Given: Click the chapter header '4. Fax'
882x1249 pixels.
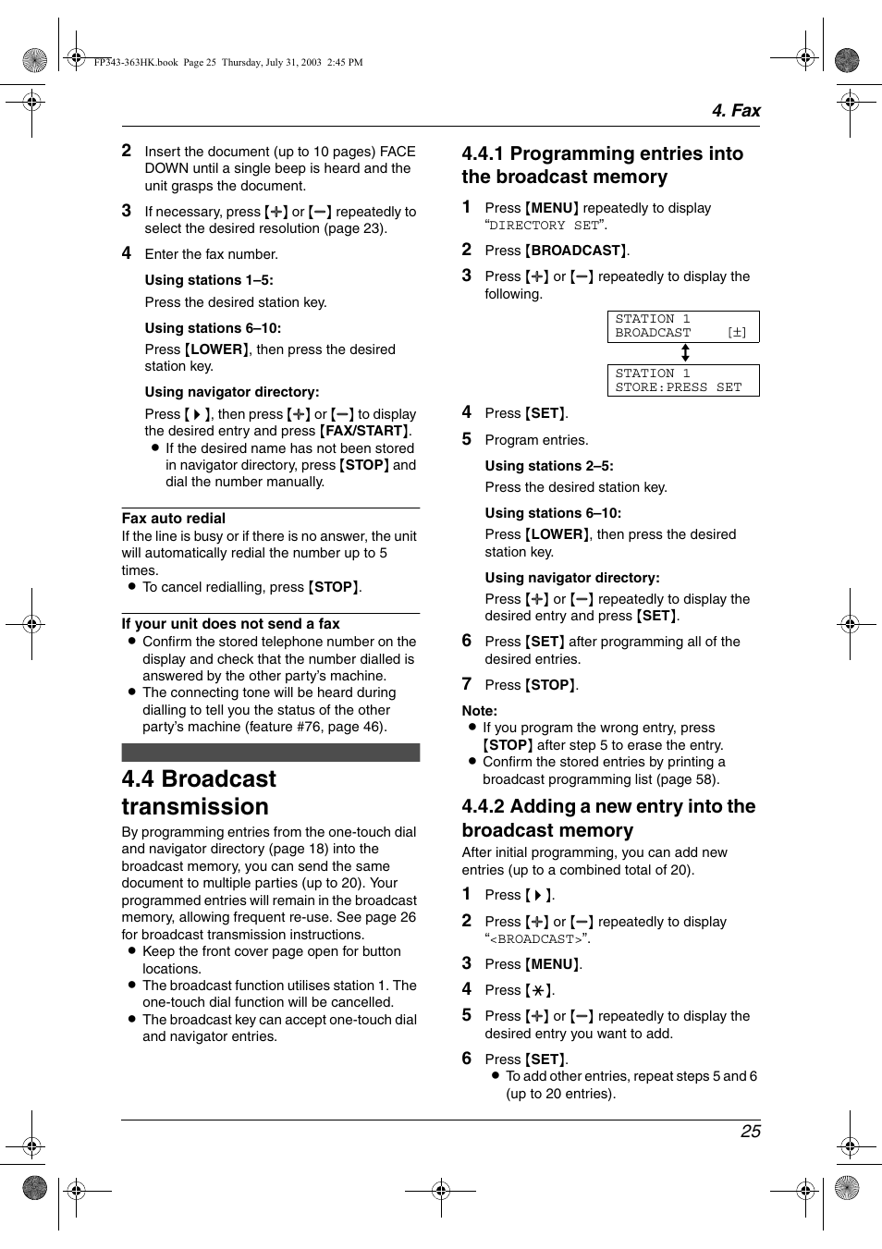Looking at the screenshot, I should point(735,111).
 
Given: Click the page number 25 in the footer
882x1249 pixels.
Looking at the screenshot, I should point(750,1131).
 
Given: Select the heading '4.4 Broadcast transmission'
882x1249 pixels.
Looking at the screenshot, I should point(199,792).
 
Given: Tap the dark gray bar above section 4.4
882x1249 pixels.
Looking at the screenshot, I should point(270,753).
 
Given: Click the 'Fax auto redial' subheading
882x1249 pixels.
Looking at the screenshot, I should point(173,519).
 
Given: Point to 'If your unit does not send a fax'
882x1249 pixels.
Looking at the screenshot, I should point(230,624).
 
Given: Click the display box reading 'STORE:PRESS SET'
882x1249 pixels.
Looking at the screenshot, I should point(682,380).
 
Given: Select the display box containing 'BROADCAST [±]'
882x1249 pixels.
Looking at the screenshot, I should point(682,326).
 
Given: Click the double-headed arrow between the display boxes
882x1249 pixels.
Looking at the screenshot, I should point(685,353).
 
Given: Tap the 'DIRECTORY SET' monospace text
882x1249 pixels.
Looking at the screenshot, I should point(544,226).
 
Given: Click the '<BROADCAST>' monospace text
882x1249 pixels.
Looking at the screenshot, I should point(537,939).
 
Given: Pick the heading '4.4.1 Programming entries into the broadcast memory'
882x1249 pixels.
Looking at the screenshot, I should point(602,165).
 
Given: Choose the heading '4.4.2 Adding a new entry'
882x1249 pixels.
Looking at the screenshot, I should point(608,818).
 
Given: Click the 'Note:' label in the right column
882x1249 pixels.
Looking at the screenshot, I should point(479,711).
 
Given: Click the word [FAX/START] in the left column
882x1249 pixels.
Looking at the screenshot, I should point(364,431).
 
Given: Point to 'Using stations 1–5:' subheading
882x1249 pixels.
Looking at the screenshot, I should point(208,280).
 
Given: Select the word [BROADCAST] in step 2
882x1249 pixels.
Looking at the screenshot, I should point(576,251).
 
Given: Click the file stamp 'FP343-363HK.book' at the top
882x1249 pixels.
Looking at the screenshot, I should point(136,63).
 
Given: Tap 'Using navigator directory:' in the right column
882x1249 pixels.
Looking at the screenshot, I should point(571,578).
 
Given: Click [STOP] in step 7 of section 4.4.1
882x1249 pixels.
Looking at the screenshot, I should point(550,685).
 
